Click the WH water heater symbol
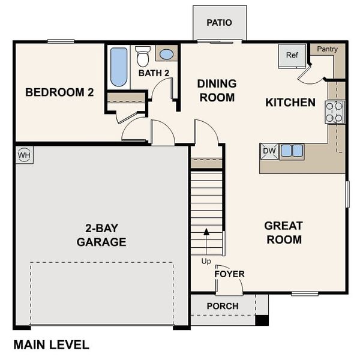[24, 154]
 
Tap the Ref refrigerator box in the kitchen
[292, 56]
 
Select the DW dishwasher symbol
[269, 151]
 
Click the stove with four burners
[335, 112]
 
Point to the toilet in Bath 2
[143, 56]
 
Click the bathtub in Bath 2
[119, 66]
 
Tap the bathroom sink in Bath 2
[166, 54]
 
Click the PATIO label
[219, 23]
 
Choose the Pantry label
[327, 49]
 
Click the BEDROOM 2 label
[59, 93]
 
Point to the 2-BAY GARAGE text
[101, 235]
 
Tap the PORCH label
[223, 306]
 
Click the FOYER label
[230, 274]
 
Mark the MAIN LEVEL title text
[51, 345]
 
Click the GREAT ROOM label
[283, 233]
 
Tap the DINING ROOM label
[217, 91]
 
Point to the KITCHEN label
[290, 103]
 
